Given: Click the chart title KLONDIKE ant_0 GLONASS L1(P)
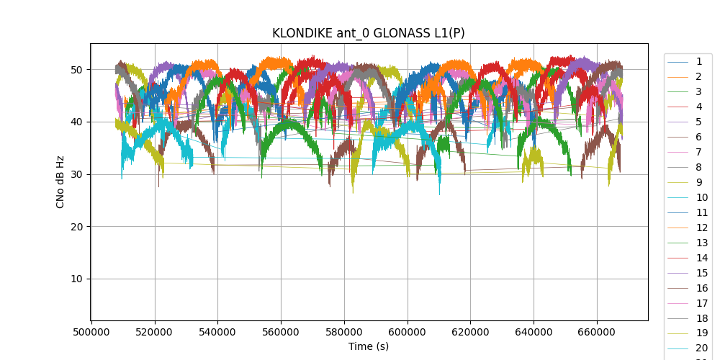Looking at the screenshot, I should click(368, 33).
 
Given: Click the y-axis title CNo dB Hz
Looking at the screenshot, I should click(60, 182).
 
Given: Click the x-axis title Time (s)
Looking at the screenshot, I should click(369, 346).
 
